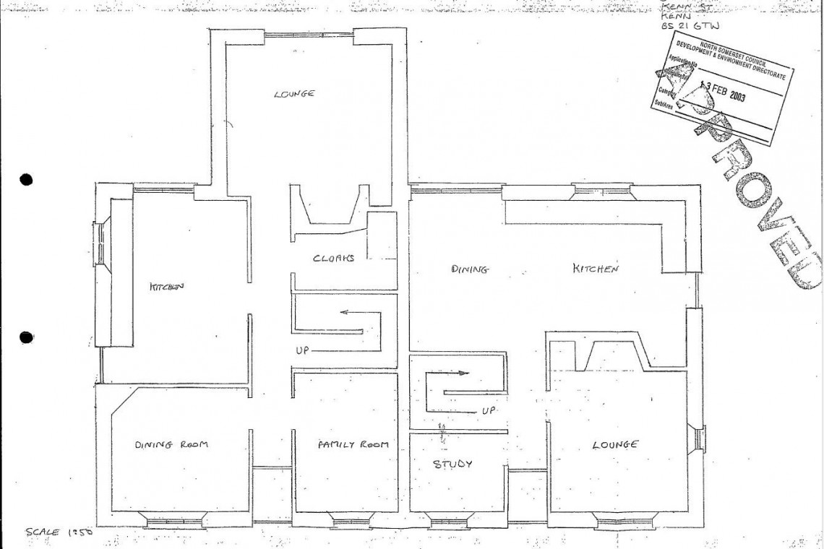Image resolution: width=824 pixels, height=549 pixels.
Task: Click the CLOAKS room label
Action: tap(332, 259)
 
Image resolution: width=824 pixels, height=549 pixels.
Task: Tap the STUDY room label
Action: tap(452, 464)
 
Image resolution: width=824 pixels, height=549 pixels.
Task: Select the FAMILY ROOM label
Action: tap(353, 444)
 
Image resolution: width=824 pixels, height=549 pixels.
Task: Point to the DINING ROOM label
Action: tap(171, 444)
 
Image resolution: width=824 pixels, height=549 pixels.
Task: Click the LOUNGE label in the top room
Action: tap(294, 94)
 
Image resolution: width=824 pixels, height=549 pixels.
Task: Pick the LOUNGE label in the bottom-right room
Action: tap(615, 445)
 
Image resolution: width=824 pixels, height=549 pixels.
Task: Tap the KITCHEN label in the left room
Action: tap(167, 286)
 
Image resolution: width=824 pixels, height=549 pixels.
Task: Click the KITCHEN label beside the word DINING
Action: tap(596, 269)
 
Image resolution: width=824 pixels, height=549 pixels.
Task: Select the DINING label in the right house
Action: tap(471, 269)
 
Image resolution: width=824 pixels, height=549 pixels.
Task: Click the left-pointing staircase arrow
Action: tap(354, 313)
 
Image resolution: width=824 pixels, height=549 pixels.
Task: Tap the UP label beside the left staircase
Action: tap(304, 350)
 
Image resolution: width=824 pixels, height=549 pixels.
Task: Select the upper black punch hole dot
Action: tap(27, 180)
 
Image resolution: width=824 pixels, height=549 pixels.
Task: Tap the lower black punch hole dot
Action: tap(27, 337)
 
